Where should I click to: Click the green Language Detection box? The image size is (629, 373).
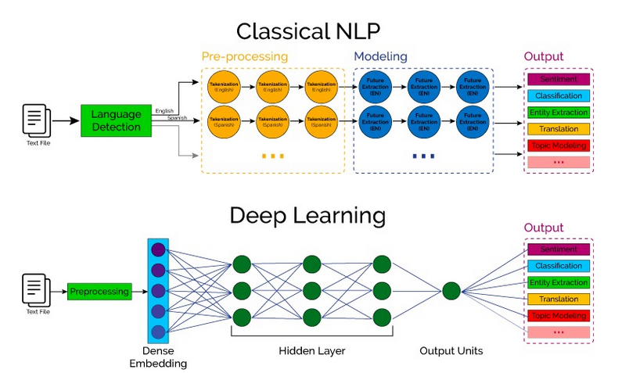(115, 120)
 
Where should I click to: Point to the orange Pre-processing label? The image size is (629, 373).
(245, 57)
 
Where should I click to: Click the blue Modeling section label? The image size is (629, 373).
(381, 57)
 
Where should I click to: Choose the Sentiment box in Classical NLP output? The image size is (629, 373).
(558, 80)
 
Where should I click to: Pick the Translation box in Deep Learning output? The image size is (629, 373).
(558, 299)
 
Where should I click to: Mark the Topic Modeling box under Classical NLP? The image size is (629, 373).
(558, 145)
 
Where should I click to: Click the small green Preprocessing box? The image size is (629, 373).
(99, 292)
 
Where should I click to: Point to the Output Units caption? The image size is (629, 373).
(451, 351)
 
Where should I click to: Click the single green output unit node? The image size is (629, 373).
(451, 292)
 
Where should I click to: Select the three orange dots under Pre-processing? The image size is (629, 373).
(273, 156)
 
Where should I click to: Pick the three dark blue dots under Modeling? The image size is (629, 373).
(422, 156)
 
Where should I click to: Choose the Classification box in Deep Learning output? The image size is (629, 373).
(558, 266)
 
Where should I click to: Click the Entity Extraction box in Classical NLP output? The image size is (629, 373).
(558, 113)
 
